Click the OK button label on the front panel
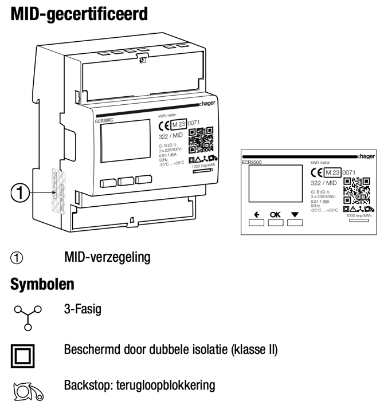pos(276,215)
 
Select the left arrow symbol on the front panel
pos(256,215)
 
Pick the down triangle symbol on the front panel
pos(295,215)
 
